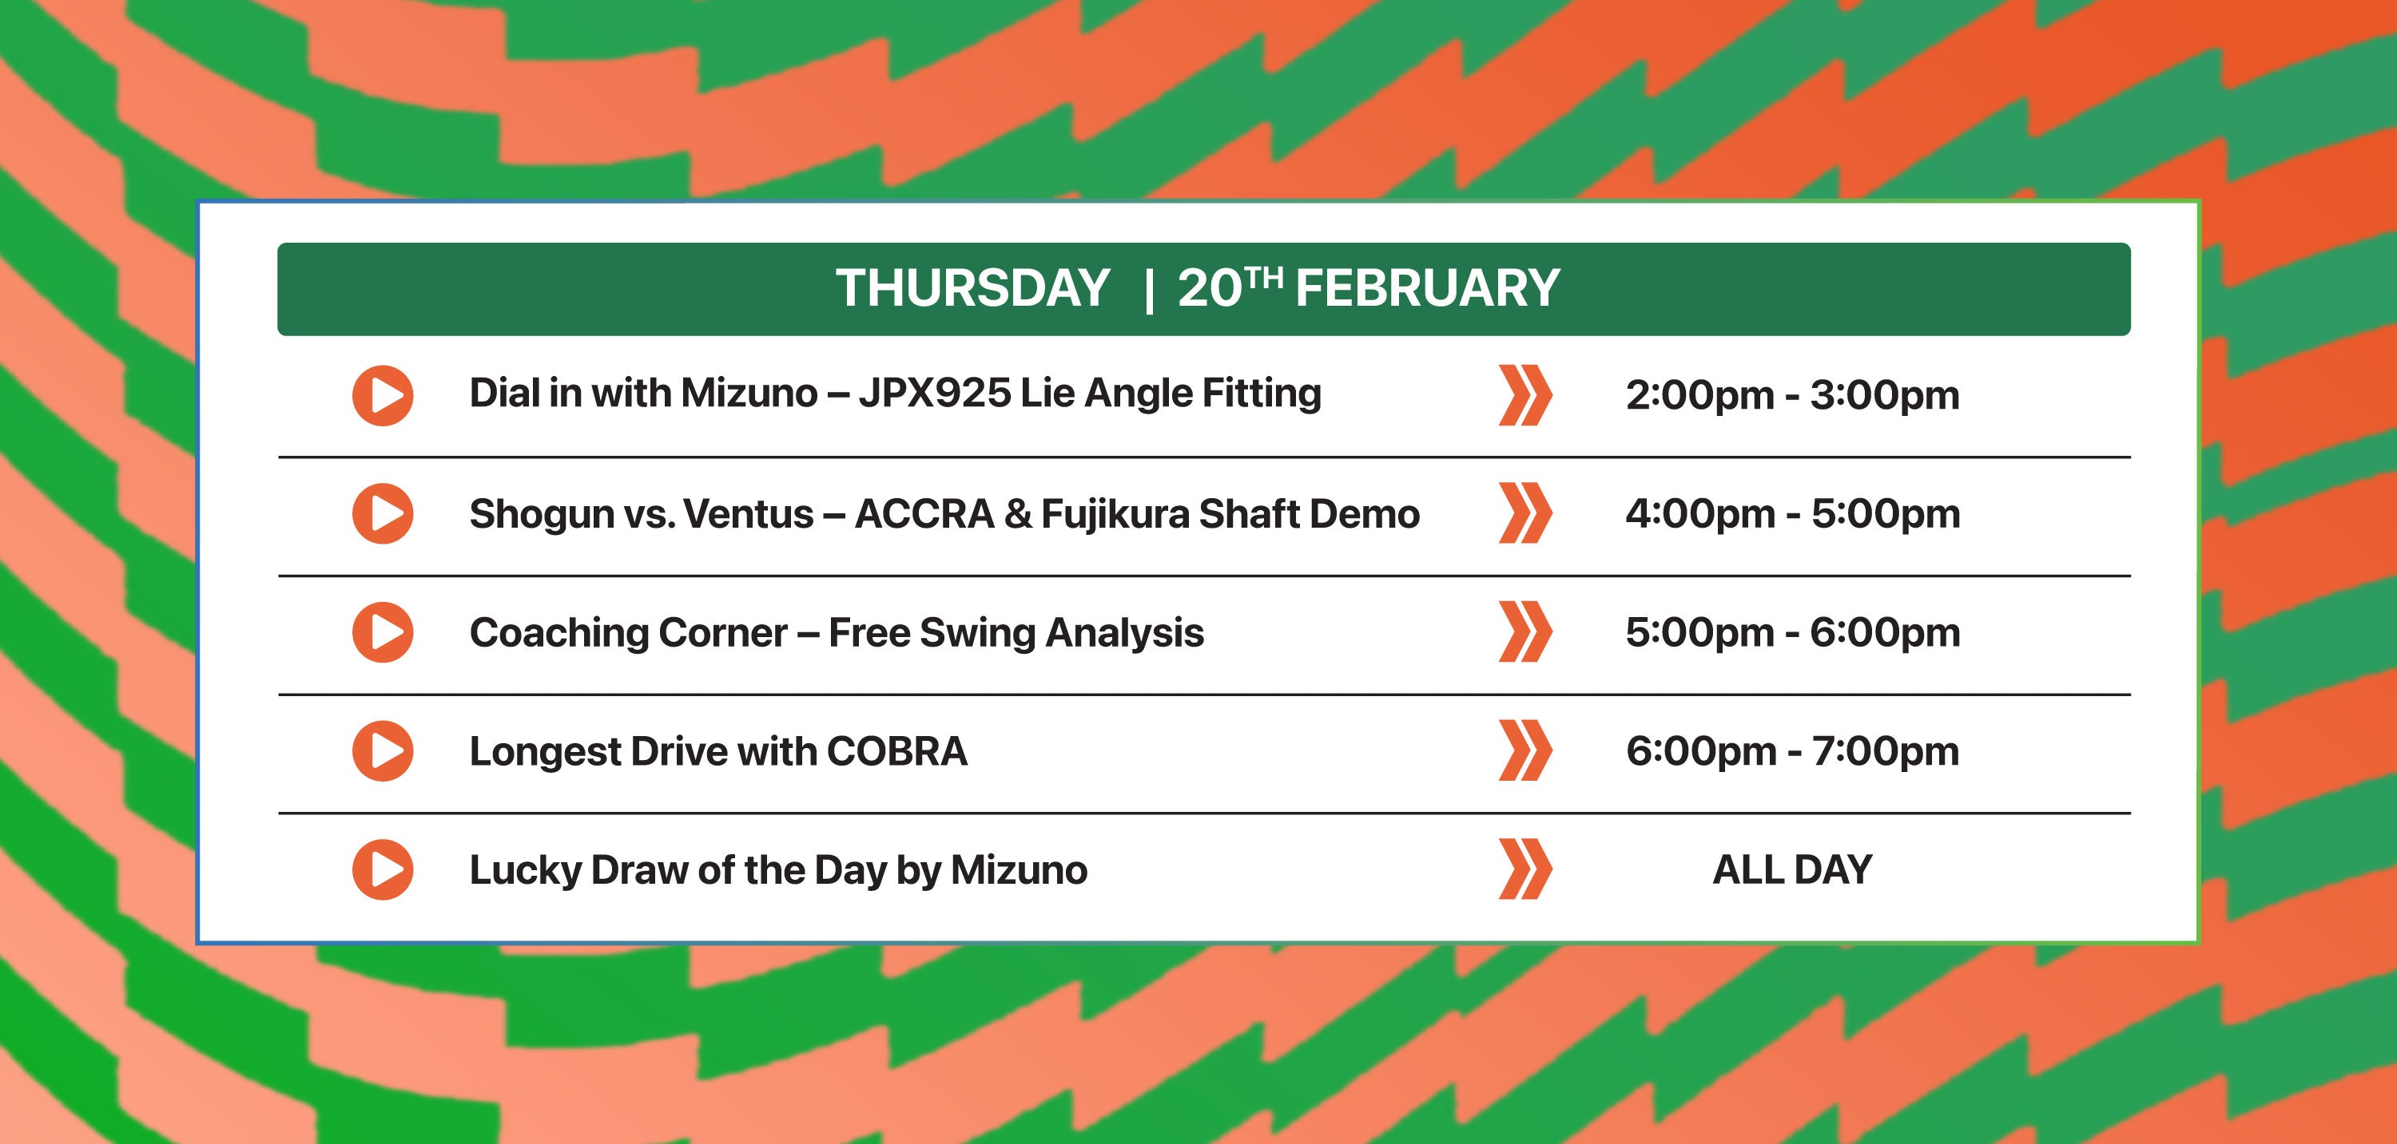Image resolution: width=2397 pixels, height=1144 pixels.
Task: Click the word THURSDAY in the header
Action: point(972,288)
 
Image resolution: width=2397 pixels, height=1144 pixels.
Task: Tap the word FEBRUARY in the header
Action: point(1427,288)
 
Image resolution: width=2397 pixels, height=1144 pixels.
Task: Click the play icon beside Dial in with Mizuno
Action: point(383,396)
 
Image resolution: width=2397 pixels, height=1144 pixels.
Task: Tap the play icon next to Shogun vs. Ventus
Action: point(383,513)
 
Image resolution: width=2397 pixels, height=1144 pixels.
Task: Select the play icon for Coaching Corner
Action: point(383,632)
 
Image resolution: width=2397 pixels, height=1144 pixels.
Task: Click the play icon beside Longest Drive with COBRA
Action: point(383,750)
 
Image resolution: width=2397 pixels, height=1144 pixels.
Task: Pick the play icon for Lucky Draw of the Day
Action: point(383,869)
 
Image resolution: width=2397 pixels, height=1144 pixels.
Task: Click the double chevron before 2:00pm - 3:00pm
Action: point(1525,395)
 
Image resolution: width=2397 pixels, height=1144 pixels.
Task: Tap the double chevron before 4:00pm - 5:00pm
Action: point(1525,513)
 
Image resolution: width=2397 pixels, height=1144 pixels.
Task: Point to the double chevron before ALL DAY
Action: point(1525,869)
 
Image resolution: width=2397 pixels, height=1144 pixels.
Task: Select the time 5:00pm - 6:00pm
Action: point(1793,633)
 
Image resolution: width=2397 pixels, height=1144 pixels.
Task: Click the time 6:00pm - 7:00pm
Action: point(1793,751)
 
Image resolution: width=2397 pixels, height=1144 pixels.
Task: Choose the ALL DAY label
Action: point(1792,869)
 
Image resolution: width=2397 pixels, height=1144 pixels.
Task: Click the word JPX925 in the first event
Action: point(934,394)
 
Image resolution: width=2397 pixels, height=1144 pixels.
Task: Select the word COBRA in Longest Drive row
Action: point(897,751)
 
